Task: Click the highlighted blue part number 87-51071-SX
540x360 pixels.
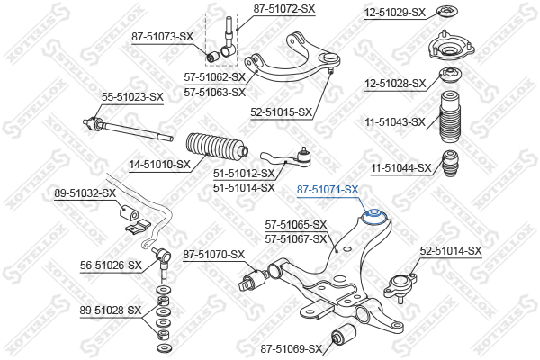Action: (x=328, y=190)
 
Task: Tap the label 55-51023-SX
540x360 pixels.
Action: (x=132, y=97)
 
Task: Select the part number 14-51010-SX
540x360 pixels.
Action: (x=160, y=165)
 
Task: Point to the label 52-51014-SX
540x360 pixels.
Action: (x=451, y=251)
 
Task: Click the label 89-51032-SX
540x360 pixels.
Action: (x=85, y=193)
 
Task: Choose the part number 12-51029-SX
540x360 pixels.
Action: (x=395, y=13)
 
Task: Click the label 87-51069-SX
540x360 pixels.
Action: (x=291, y=349)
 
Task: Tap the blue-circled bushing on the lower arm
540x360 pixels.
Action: (x=375, y=216)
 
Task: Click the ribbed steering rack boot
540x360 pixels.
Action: (x=217, y=148)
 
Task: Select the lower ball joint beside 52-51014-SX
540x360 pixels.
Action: (x=400, y=286)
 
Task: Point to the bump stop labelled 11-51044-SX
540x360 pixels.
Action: (x=451, y=163)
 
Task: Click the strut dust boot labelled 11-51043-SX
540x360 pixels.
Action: (x=450, y=116)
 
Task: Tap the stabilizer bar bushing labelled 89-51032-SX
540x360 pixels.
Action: (x=129, y=211)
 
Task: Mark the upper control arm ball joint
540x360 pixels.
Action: (x=330, y=59)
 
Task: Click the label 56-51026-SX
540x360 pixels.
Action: (x=111, y=265)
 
